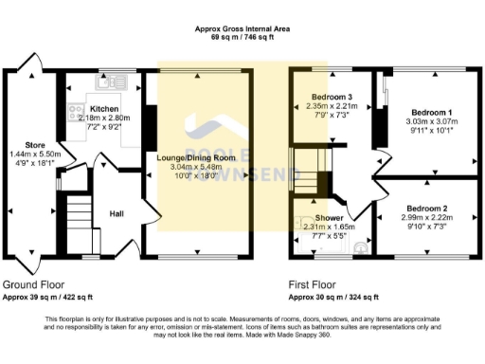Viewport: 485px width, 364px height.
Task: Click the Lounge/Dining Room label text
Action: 196,156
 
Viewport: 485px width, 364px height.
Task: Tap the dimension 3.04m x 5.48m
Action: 196,166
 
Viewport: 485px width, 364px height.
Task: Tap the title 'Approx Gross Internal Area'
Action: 242,29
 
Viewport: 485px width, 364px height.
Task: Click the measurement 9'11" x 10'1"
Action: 430,131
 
